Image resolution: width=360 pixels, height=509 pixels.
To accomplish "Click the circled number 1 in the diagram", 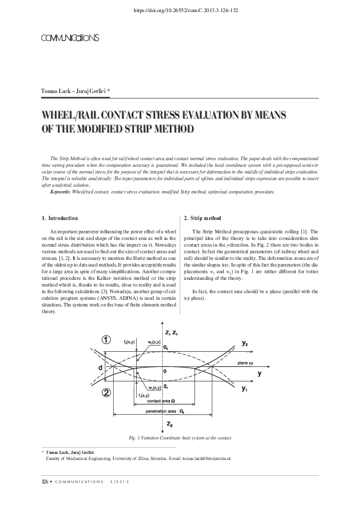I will (106, 340).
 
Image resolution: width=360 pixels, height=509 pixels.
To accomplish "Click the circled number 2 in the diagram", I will (106, 392).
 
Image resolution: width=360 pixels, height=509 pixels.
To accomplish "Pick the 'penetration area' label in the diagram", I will (161, 411).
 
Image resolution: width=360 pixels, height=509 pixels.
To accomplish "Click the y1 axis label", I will (244, 389).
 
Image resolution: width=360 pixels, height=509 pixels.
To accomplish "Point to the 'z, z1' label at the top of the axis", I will (172, 332).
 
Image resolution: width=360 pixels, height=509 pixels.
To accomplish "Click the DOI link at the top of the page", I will (180, 10).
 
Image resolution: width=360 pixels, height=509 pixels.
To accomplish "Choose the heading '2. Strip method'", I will (202, 218).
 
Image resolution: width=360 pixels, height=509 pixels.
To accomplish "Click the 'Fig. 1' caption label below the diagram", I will (135, 437).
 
